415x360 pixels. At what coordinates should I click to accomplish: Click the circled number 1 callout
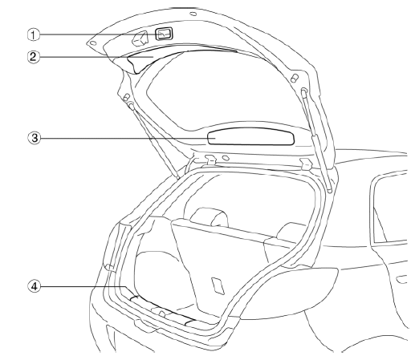[x=33, y=35]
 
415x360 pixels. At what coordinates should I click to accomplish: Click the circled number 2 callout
[x=33, y=57]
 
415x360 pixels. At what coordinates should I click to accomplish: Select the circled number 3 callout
[x=34, y=138]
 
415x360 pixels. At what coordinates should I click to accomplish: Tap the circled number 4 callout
[x=34, y=286]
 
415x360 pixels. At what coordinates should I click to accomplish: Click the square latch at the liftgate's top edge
[x=164, y=34]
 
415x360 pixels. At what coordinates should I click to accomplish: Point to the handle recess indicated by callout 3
[x=251, y=136]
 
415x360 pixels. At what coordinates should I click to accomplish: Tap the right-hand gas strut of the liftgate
[x=316, y=140]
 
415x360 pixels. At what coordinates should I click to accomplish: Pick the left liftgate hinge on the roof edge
[x=211, y=159]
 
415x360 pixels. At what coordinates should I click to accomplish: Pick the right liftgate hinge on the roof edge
[x=306, y=164]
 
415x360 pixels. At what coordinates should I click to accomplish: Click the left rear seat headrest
[x=210, y=216]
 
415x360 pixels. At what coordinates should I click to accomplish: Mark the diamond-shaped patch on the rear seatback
[x=218, y=286]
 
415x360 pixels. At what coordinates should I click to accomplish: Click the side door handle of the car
[x=401, y=280]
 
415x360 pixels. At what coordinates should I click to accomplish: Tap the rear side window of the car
[x=389, y=208]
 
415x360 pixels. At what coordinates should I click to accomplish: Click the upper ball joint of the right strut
[x=304, y=91]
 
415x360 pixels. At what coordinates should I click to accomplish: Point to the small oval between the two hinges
[x=226, y=158]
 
